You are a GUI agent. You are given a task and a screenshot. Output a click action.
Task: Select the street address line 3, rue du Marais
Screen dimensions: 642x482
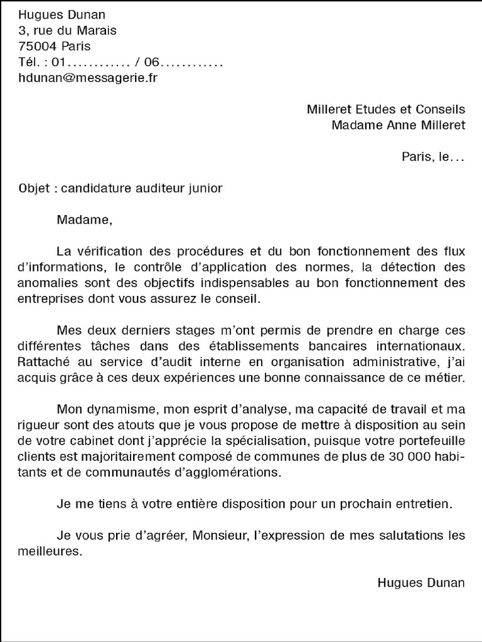[68, 31]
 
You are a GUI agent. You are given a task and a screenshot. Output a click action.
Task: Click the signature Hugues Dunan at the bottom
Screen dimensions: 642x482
[421, 582]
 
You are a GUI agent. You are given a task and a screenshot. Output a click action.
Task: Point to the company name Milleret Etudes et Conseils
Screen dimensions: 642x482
[386, 109]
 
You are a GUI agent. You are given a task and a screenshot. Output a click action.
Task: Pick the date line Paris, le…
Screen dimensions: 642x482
[433, 157]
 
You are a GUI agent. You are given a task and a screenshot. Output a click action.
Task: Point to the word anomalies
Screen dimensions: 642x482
[46, 283]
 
